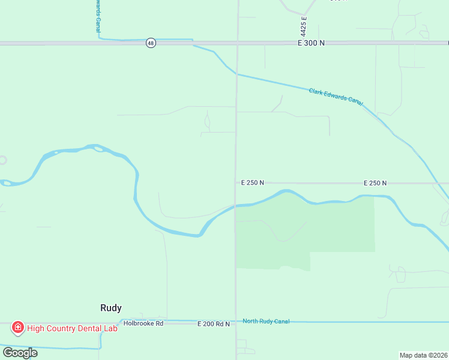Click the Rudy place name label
110,308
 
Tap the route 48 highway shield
151,43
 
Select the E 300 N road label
310,43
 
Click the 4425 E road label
304,26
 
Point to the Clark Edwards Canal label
336,96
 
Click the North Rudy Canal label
266,322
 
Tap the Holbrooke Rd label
143,323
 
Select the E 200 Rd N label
214,324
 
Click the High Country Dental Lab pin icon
18,328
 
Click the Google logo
20,352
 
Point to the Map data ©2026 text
424,355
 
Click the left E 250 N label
253,182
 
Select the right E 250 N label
375,182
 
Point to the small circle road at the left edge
2,160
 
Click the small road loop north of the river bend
208,122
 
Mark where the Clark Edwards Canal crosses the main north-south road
237,74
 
